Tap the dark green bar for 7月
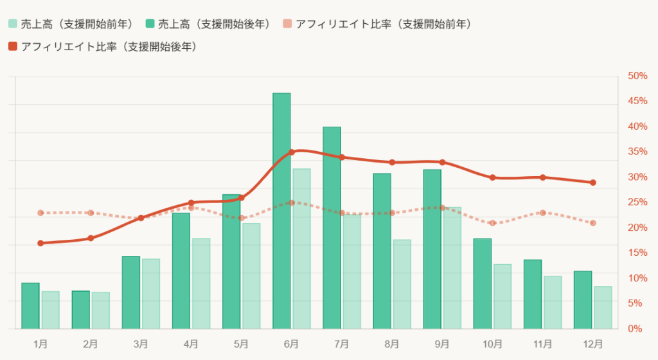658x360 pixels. pos(332,228)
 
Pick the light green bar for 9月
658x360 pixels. pos(452,268)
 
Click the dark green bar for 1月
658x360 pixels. pos(30,306)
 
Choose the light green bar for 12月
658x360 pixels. pos(603,308)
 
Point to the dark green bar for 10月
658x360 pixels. pos(483,283)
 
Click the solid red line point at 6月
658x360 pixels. pos(292,152)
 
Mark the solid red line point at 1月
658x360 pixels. pos(40,243)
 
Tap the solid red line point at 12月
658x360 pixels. pos(593,183)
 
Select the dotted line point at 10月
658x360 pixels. pos(493,223)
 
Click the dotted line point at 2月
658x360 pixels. pos(91,213)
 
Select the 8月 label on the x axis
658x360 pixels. pos(392,345)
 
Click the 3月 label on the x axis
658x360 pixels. pos(141,345)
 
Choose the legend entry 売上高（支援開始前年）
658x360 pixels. pos(70,24)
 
